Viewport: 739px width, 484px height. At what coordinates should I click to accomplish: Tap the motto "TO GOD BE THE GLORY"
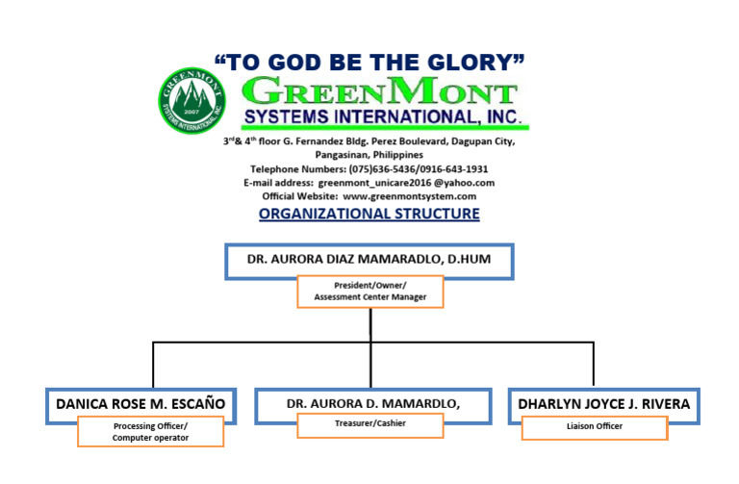(x=369, y=63)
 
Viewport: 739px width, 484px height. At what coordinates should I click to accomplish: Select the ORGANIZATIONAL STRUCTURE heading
(x=369, y=214)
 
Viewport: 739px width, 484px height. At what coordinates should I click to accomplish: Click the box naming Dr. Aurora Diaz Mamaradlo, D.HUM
(x=369, y=260)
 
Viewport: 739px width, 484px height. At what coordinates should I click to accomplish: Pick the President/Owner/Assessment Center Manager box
(x=369, y=292)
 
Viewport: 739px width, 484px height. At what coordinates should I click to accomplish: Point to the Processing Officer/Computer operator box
(x=150, y=432)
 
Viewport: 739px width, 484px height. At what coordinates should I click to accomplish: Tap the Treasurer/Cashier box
(x=369, y=423)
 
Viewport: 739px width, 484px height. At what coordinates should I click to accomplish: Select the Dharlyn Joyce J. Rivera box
(x=603, y=404)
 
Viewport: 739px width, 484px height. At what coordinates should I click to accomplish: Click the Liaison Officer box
(x=595, y=426)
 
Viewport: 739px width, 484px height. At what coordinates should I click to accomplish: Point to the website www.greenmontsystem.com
(x=409, y=196)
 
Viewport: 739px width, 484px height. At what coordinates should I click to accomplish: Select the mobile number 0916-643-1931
(x=464, y=169)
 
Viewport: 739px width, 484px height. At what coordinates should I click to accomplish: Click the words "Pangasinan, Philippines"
(x=369, y=155)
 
